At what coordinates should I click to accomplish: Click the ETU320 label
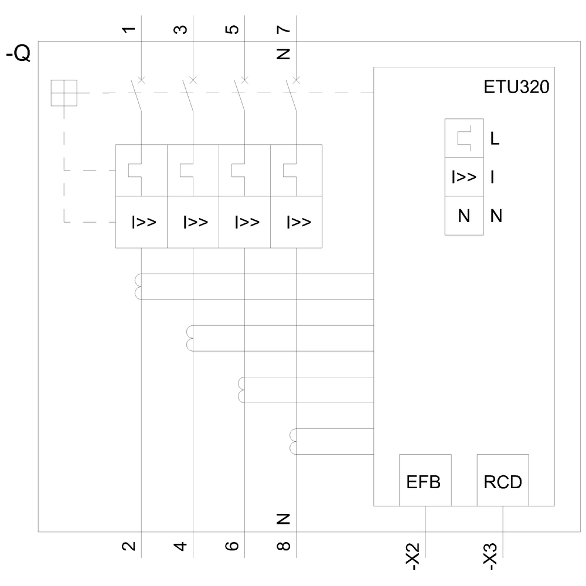tap(517, 88)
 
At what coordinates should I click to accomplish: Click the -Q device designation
tap(19, 54)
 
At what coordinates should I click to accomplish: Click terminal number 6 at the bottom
tap(232, 546)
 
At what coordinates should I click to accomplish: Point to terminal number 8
tap(284, 546)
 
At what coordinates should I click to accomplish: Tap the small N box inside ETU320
tap(464, 216)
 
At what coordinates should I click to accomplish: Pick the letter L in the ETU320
tap(495, 139)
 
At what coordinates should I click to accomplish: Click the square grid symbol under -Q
tap(64, 93)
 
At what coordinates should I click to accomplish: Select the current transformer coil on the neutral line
tap(293, 442)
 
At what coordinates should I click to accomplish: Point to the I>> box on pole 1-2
tap(142, 222)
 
